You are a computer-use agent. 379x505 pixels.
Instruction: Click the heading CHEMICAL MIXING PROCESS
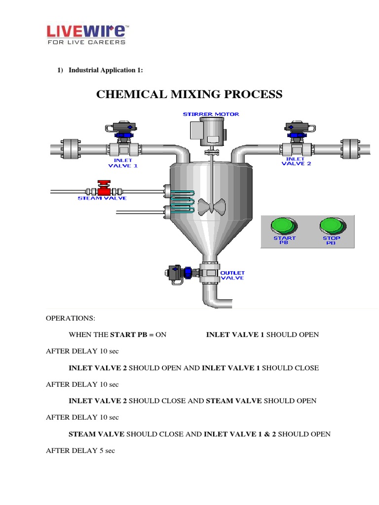click(x=189, y=94)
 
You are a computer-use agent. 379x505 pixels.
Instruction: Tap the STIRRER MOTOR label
click(x=211, y=114)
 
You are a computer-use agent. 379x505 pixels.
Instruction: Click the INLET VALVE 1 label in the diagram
click(x=123, y=163)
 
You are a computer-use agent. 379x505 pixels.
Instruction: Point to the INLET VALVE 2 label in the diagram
click(x=296, y=161)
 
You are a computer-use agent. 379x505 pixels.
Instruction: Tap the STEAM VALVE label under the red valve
click(x=102, y=198)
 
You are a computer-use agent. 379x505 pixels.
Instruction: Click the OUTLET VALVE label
click(x=232, y=275)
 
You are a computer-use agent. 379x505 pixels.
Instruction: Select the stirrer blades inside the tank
click(x=211, y=206)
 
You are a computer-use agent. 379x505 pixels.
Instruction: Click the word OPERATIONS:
click(x=66, y=319)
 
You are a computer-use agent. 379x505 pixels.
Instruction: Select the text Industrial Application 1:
click(x=106, y=70)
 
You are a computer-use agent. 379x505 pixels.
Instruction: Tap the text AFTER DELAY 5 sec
click(x=80, y=451)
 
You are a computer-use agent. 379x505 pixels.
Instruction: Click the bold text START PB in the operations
click(x=128, y=335)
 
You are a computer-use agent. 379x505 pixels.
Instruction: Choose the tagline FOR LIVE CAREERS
click(x=86, y=42)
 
